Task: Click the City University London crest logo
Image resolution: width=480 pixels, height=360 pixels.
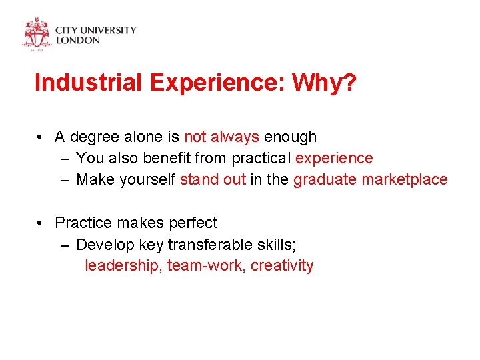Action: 37,33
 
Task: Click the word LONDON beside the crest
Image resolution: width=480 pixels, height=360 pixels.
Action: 77,40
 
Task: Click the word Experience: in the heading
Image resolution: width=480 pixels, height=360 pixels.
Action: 217,84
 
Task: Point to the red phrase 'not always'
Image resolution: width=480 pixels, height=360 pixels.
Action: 221,137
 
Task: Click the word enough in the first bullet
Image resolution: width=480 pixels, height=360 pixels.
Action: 291,137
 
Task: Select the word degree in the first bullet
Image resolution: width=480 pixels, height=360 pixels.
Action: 94,137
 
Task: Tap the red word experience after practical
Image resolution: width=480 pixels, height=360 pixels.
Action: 334,159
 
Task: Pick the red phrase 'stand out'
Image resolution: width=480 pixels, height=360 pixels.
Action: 213,179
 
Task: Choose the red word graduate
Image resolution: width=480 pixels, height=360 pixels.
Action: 325,179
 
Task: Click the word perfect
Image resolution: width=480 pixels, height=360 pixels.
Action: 193,222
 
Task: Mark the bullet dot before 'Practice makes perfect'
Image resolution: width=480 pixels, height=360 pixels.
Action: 41,223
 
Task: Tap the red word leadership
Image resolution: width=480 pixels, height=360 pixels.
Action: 123,265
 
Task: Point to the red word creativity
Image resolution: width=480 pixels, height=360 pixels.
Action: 282,265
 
